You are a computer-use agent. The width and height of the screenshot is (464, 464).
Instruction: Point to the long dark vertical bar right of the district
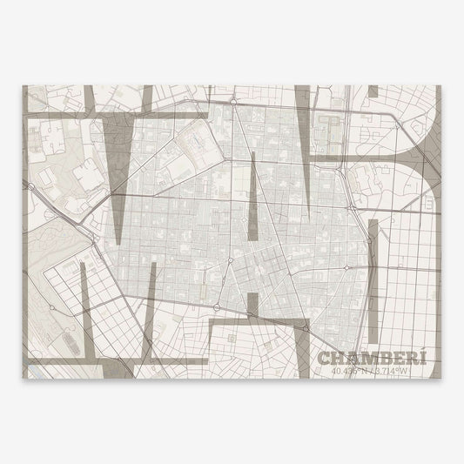(373, 279)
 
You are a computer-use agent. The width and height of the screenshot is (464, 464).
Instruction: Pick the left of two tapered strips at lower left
(84, 305)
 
